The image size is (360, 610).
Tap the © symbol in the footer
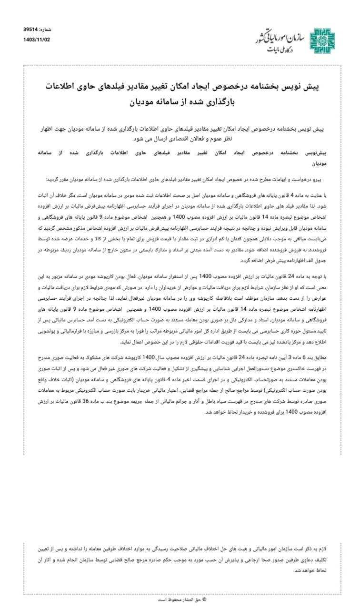tap(204, 600)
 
